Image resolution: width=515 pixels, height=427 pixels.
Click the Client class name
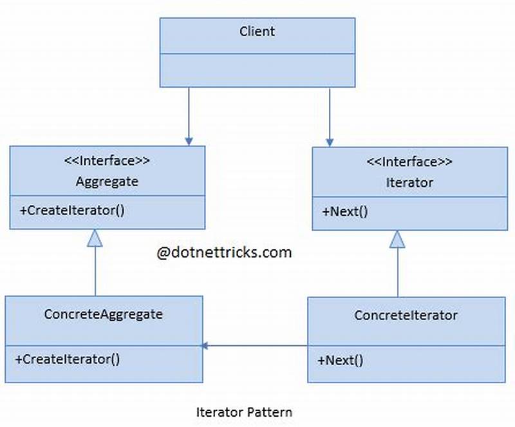pyautogui.click(x=257, y=32)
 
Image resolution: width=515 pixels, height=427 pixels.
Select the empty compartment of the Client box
pyautogui.click(x=257, y=70)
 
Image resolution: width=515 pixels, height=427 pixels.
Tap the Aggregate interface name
pyautogui.click(x=107, y=182)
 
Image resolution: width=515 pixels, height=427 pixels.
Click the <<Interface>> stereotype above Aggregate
pyautogui.click(x=107, y=161)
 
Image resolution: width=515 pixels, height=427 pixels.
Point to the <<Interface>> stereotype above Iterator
pyautogui.click(x=409, y=162)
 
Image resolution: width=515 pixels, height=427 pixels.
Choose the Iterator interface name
pyautogui.click(x=409, y=182)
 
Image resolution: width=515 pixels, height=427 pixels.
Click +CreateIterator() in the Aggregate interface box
pyautogui.click(x=69, y=210)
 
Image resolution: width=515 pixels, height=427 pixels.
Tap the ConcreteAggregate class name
pyautogui.click(x=103, y=314)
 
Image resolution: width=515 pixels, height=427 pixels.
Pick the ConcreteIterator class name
pyautogui.click(x=406, y=316)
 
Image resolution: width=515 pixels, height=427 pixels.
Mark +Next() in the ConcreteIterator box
pyautogui.click(x=340, y=361)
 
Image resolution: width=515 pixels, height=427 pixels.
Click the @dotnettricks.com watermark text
pyautogui.click(x=224, y=252)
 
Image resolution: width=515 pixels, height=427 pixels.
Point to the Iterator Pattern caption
pyautogui.click(x=244, y=412)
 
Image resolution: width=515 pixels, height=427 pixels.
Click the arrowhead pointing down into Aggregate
pyautogui.click(x=189, y=140)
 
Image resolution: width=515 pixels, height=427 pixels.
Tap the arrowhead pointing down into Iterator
pyautogui.click(x=330, y=141)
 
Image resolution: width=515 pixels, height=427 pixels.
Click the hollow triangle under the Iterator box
pyautogui.click(x=398, y=240)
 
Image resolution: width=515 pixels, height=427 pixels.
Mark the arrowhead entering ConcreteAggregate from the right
pyautogui.click(x=205, y=346)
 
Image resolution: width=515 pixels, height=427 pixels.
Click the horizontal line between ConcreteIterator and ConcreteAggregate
pyautogui.click(x=257, y=346)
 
